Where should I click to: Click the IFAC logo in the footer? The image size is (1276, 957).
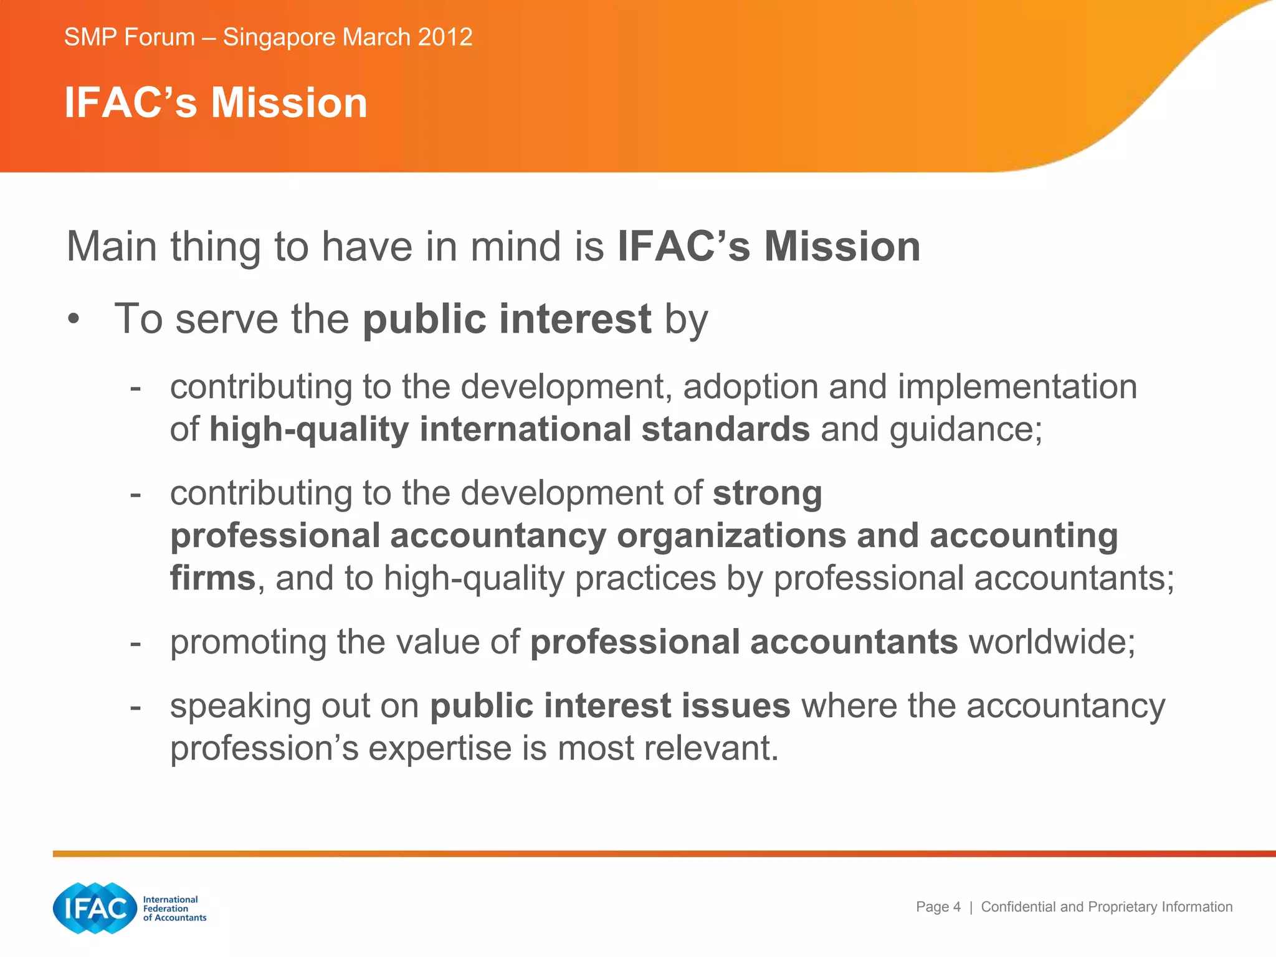coord(95,908)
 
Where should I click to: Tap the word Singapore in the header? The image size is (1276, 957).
coord(279,37)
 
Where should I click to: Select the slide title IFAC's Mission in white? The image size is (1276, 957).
coord(216,103)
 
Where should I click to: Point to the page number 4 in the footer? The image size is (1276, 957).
coord(956,907)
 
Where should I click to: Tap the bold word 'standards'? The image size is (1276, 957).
coord(725,429)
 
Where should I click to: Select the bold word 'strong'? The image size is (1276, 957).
coord(767,493)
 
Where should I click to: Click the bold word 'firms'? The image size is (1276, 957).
coord(212,578)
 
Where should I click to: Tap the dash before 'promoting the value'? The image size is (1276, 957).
coord(135,643)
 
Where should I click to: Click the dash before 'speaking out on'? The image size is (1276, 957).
coord(135,707)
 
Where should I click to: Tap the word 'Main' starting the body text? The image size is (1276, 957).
coord(112,247)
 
